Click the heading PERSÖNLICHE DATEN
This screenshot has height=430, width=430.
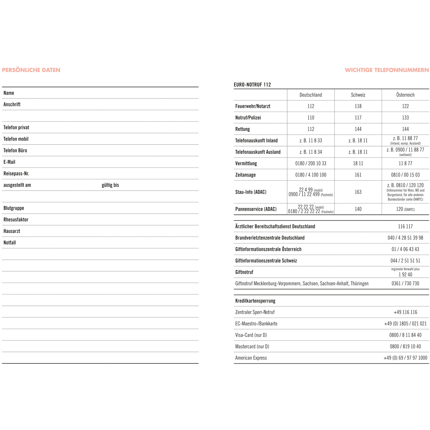click(x=31, y=70)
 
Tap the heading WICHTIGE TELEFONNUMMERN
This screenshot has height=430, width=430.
click(x=387, y=70)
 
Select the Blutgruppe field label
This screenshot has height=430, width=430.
click(x=14, y=208)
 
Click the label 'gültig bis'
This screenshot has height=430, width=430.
click(x=110, y=185)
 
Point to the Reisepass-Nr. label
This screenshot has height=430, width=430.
click(x=16, y=174)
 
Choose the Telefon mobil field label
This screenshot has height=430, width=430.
click(x=16, y=139)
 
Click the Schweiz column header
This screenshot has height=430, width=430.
click(x=358, y=95)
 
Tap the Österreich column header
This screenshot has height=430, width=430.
click(x=405, y=95)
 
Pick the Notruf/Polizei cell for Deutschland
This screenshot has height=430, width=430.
click(x=311, y=118)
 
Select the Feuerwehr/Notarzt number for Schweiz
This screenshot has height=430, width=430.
click(x=358, y=106)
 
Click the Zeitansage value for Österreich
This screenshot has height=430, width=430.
click(x=405, y=175)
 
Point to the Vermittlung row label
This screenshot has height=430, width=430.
click(x=246, y=163)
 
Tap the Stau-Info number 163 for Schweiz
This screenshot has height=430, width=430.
click(x=358, y=192)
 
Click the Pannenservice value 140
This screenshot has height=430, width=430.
click(x=358, y=209)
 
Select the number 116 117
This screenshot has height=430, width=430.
click(x=405, y=226)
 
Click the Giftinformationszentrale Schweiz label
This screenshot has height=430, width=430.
click(x=266, y=261)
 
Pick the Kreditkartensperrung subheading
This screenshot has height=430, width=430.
click(x=255, y=301)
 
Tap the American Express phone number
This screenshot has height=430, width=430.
click(x=405, y=358)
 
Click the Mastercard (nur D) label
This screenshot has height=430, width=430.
click(x=252, y=346)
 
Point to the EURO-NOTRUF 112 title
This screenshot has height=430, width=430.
click(x=252, y=85)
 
